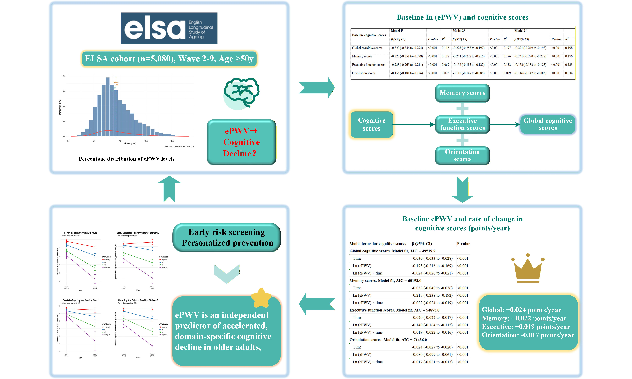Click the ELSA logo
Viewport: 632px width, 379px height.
pos(169,28)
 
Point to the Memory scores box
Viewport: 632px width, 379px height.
pos(462,93)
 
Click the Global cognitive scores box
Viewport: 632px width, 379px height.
pos(547,124)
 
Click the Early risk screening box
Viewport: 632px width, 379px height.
pos(227,237)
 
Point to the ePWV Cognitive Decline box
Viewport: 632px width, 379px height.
pos(241,142)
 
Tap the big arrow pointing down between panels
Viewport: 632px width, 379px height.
pos(462,189)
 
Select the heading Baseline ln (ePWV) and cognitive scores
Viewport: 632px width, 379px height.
pos(462,17)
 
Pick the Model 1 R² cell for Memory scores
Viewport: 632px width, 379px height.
pos(445,56)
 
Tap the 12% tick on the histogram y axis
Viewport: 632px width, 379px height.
pos(63,76)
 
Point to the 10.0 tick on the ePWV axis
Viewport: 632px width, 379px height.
pos(146,141)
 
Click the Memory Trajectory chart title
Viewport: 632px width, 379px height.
pos(80,233)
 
